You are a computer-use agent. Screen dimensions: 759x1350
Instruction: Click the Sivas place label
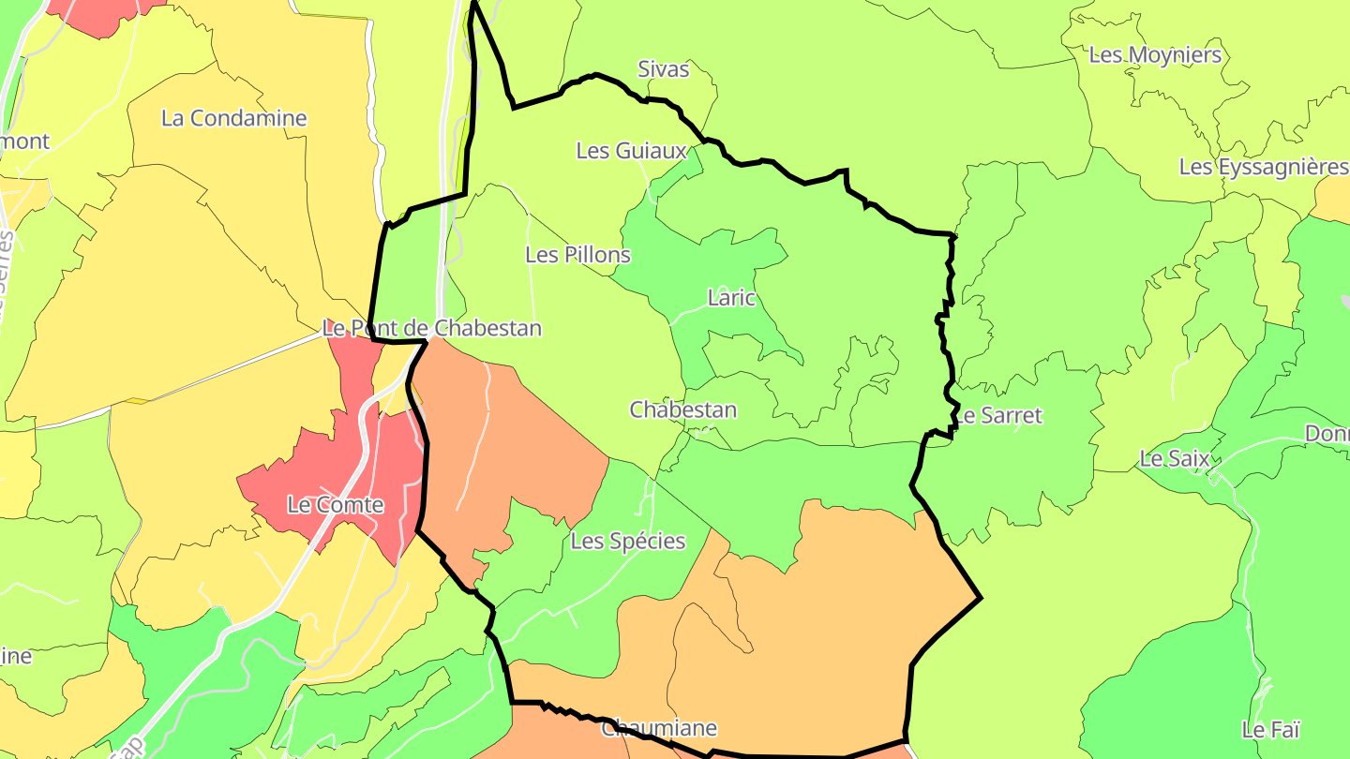(663, 69)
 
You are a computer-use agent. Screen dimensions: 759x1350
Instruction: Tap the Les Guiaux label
(632, 150)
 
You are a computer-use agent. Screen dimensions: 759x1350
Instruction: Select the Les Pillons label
(577, 254)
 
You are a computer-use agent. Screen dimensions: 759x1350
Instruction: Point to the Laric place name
(731, 298)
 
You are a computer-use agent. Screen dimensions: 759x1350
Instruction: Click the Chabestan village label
(682, 409)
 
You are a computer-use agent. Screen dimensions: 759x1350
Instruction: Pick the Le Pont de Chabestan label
(431, 328)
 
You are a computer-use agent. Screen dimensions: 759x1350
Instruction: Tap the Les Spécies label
(627, 541)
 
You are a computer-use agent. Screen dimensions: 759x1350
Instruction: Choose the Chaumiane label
(658, 728)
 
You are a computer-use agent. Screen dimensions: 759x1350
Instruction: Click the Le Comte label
(335, 505)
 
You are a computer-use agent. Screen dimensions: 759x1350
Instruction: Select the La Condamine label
(233, 118)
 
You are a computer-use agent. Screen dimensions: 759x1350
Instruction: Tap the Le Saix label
(1174, 459)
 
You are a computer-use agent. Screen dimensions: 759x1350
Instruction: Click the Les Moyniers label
(1155, 54)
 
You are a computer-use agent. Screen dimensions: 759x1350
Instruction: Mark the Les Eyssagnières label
(1262, 167)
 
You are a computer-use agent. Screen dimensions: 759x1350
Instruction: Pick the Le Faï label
(1271, 728)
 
